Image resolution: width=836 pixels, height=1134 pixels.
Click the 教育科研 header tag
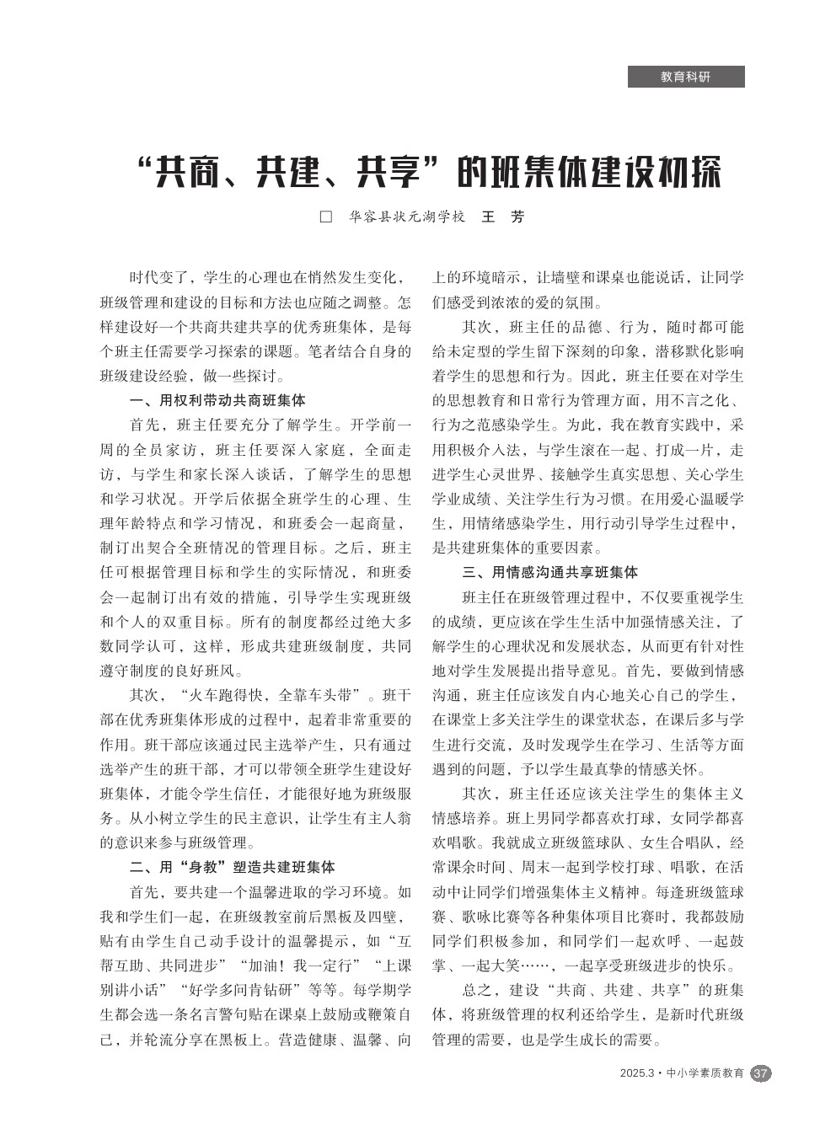(x=685, y=77)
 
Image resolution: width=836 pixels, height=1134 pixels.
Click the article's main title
(x=429, y=173)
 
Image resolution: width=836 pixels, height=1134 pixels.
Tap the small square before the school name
(x=326, y=217)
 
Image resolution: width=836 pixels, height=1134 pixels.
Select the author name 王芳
(x=502, y=217)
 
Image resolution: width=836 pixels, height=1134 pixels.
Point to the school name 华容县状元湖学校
(x=406, y=217)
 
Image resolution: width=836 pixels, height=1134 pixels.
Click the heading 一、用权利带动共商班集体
(x=217, y=400)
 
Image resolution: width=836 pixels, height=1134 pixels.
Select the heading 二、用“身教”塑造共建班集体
(x=232, y=867)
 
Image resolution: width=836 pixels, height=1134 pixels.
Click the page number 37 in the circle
(x=760, y=1073)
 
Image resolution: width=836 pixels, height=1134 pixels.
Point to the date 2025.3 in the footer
(x=636, y=1073)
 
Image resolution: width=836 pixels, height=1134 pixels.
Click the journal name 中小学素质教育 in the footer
(x=705, y=1073)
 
